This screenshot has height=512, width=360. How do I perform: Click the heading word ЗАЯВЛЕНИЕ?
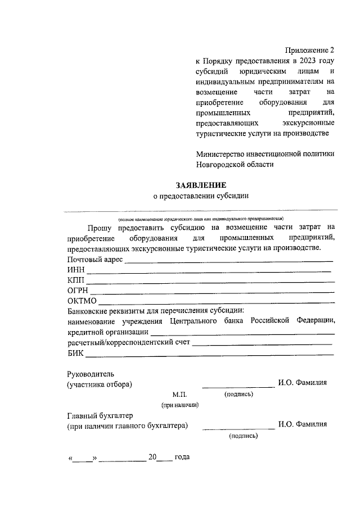pyautogui.click(x=201, y=185)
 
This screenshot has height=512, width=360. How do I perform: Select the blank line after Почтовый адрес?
pyautogui.click(x=228, y=261)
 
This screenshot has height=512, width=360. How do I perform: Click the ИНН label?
pyautogui.click(x=76, y=271)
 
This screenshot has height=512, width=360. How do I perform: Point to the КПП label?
pyautogui.click(x=75, y=281)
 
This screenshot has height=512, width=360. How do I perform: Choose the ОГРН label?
pyautogui.click(x=78, y=291)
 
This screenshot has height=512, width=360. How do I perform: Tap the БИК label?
pyautogui.click(x=75, y=352)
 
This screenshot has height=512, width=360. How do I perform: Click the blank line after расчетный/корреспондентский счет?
pyautogui.click(x=262, y=343)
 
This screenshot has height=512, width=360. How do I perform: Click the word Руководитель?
pyautogui.click(x=91, y=373)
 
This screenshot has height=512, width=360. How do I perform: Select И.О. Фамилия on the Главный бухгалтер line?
pyautogui.click(x=303, y=425)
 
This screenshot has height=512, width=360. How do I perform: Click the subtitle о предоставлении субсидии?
pyautogui.click(x=201, y=196)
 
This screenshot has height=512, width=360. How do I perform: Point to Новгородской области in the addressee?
pyautogui.click(x=235, y=164)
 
